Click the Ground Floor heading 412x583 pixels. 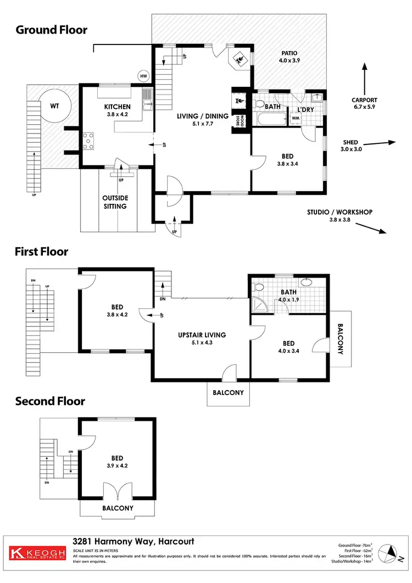pyautogui.click(x=51, y=30)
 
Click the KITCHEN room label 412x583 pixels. pyautogui.click(x=118, y=107)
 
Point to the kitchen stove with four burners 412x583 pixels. pyautogui.click(x=88, y=141)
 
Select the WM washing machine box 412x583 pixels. pyautogui.click(x=295, y=118)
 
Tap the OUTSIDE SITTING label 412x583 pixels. pyautogui.click(x=115, y=202)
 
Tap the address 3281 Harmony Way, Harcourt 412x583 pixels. pyautogui.click(x=133, y=541)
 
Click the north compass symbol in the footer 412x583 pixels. pyautogui.click(x=391, y=552)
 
